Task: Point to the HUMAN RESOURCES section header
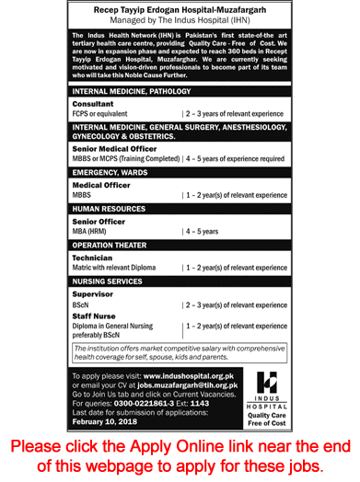click(x=110, y=209)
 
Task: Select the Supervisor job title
click(x=92, y=293)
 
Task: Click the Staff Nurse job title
click(x=95, y=315)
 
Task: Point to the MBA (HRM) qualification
click(x=92, y=232)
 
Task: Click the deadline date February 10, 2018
click(x=107, y=423)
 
